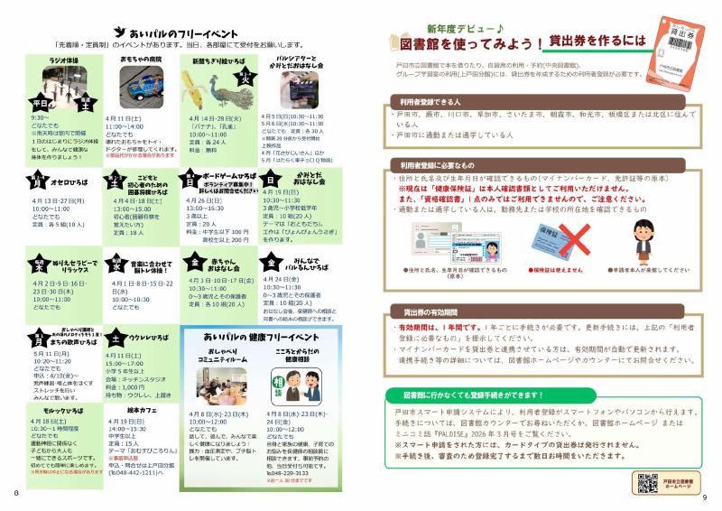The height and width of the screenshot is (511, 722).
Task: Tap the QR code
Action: pos(646,484)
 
